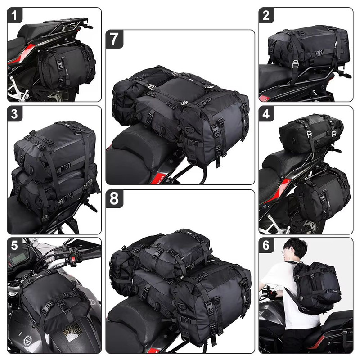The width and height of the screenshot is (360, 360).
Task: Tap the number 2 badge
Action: coord(266,15)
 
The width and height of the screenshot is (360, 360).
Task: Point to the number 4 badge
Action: coord(266,114)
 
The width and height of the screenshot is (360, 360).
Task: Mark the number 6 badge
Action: coord(266,245)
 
